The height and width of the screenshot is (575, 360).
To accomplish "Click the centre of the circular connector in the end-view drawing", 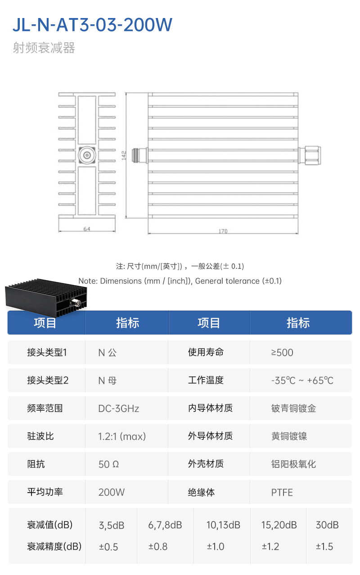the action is (x=87, y=155).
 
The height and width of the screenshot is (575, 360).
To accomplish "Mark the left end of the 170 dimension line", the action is (x=148, y=234).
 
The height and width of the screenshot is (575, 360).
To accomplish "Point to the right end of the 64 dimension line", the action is (x=115, y=231).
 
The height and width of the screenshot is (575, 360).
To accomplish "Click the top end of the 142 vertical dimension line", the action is (x=126, y=93).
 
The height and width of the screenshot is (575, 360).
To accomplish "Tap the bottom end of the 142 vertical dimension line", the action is (x=126, y=218).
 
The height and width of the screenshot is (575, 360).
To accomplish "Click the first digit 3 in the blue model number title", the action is (x=84, y=25).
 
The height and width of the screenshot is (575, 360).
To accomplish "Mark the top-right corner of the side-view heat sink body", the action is (x=298, y=93).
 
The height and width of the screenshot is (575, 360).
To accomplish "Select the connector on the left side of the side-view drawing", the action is (x=140, y=155).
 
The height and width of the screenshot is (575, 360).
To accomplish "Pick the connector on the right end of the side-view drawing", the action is (x=310, y=155).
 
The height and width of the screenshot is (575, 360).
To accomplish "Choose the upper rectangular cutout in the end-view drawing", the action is (x=87, y=120).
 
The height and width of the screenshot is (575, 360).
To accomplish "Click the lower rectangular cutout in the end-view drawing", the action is (x=87, y=191).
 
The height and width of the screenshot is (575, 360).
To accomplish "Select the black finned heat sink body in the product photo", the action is (x=46, y=298).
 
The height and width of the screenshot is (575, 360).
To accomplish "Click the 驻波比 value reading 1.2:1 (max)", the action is (x=122, y=436).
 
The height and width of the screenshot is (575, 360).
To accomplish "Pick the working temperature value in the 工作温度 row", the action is (x=302, y=380).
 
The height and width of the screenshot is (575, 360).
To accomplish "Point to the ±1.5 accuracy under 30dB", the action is (x=324, y=547).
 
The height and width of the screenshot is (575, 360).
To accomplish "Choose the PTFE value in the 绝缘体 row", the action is (x=282, y=492).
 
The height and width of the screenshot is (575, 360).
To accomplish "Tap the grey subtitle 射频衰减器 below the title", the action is (x=44, y=48).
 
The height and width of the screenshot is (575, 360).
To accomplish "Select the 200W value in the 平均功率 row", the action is (x=112, y=492).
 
